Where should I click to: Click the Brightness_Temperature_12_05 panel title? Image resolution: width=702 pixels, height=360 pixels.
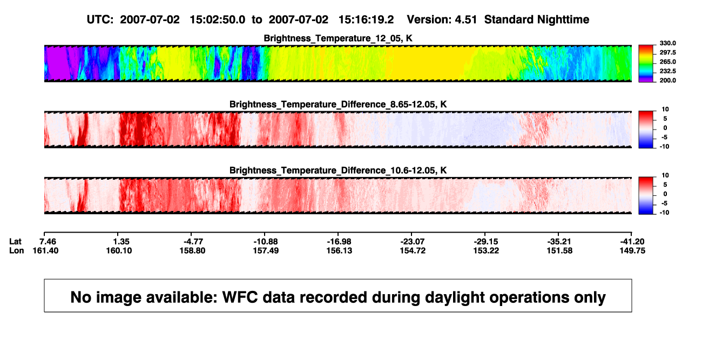coord(338,38)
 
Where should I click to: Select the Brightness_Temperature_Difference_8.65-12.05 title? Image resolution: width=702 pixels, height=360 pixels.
coord(338,104)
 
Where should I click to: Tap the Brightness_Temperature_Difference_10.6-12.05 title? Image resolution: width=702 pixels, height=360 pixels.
coord(338,171)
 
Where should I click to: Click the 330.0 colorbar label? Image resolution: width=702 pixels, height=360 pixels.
coord(667,43)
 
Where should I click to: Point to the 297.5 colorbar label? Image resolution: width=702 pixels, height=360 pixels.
coord(667,52)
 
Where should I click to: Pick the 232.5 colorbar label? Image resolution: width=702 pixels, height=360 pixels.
coord(667,71)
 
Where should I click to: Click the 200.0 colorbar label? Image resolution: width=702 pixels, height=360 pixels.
coord(667,80)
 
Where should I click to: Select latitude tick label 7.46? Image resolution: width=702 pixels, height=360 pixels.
coord(48,242)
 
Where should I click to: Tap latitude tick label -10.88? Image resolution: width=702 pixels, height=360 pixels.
coord(266,242)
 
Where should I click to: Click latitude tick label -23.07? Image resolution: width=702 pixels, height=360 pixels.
coord(413,242)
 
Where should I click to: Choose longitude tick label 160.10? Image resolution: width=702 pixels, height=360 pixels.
coord(119,250)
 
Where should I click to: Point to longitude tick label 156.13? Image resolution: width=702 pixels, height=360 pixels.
coord(339,250)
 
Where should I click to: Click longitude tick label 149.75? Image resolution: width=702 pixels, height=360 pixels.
coord(632,250)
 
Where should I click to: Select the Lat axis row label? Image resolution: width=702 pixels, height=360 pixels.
coord(15,242)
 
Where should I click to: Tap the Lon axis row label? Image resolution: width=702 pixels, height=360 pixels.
coord(17,250)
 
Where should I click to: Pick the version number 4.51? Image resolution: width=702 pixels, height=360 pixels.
coord(466,19)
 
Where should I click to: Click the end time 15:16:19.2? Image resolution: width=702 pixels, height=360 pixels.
coord(366,19)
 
